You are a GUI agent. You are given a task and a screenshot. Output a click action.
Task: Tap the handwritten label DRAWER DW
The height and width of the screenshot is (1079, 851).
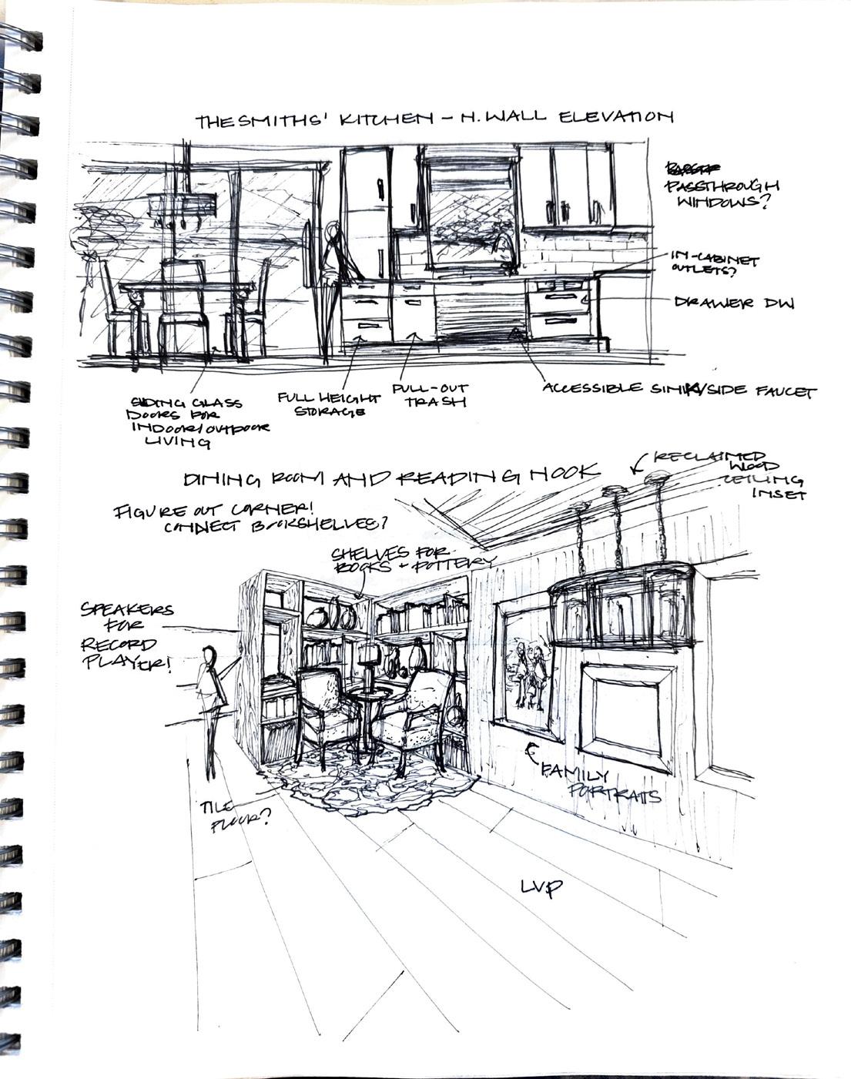(x=734, y=303)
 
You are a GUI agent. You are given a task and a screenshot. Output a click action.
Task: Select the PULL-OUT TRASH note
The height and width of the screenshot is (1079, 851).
(x=430, y=395)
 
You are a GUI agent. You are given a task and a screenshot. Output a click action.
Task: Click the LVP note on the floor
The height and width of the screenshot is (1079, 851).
(x=541, y=887)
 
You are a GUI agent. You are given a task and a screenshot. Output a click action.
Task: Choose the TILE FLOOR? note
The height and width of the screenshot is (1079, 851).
(x=235, y=815)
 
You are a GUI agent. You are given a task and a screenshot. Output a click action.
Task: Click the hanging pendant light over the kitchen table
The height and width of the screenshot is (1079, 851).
(x=170, y=205)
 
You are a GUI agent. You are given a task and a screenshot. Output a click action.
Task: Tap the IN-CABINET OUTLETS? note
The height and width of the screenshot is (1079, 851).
(x=713, y=265)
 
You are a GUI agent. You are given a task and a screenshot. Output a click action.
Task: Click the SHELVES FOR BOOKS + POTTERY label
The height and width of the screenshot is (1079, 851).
(x=408, y=559)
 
